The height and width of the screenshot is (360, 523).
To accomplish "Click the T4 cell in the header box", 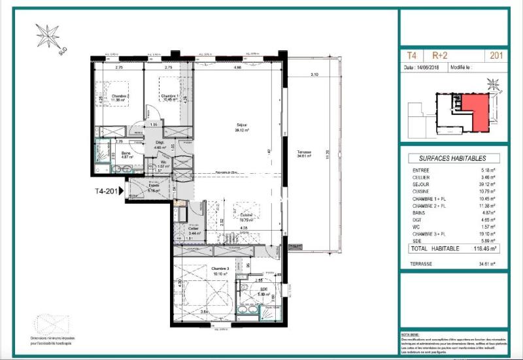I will coord(412,56).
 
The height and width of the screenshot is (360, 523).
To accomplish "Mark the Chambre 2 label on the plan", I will coord(120,97).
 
